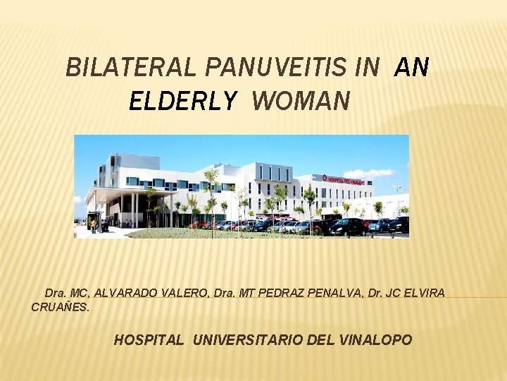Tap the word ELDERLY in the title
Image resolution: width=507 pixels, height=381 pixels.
click(x=183, y=102)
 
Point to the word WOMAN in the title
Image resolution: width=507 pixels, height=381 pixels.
click(x=300, y=102)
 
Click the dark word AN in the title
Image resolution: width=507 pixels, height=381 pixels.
click(x=412, y=68)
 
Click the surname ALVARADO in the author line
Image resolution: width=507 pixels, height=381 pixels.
click(x=125, y=292)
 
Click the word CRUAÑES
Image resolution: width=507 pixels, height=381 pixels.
click(x=61, y=307)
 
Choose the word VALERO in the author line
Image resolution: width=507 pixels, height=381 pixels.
click(x=180, y=292)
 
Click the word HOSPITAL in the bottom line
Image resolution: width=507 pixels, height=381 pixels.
click(x=149, y=340)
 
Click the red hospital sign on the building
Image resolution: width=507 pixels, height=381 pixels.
click(x=344, y=180)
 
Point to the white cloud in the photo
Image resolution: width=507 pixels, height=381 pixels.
click(x=369, y=173)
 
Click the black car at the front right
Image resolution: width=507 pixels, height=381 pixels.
click(x=348, y=226)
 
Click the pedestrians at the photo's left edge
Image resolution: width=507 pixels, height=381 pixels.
click(x=99, y=225)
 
